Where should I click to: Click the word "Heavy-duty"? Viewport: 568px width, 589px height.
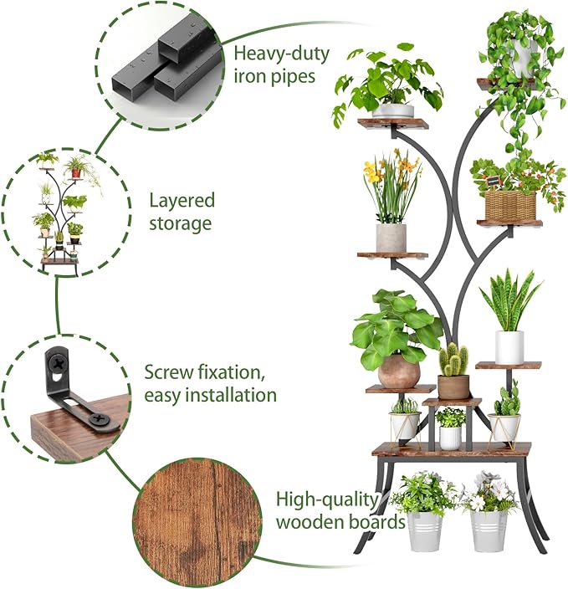(281, 54)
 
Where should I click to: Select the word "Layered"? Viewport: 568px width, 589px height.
(182, 200)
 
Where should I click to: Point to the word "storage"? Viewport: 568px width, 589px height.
(181, 223)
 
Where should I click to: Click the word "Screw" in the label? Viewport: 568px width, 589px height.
(168, 372)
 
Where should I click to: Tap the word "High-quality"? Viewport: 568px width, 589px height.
(327, 500)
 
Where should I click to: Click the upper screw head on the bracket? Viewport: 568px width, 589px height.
(59, 363)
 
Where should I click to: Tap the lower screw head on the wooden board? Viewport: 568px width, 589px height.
(100, 418)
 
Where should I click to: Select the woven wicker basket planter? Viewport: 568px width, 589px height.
(510, 206)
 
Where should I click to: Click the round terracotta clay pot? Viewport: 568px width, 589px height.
(398, 371)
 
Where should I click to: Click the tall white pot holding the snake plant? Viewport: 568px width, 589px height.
(509, 347)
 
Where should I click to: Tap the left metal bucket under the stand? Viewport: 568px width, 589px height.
(424, 530)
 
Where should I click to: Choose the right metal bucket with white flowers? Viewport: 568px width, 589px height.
(489, 530)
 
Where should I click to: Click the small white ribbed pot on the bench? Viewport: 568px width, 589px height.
(450, 438)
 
